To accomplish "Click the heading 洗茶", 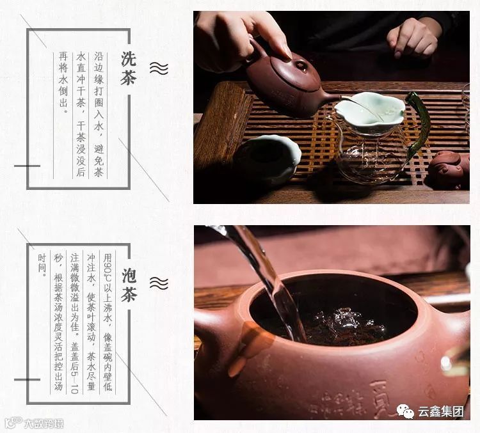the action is (129, 68).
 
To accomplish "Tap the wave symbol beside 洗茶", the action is (159, 68).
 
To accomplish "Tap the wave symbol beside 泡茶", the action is (159, 283).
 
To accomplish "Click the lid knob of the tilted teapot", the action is (300, 65).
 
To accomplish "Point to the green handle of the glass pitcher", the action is (418, 122).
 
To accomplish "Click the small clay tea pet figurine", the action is (449, 169).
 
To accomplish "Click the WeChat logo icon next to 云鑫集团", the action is (405, 411).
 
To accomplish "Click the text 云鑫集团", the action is (441, 412).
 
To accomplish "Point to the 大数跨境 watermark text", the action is (44, 424).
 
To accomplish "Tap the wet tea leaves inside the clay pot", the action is (343, 327).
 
